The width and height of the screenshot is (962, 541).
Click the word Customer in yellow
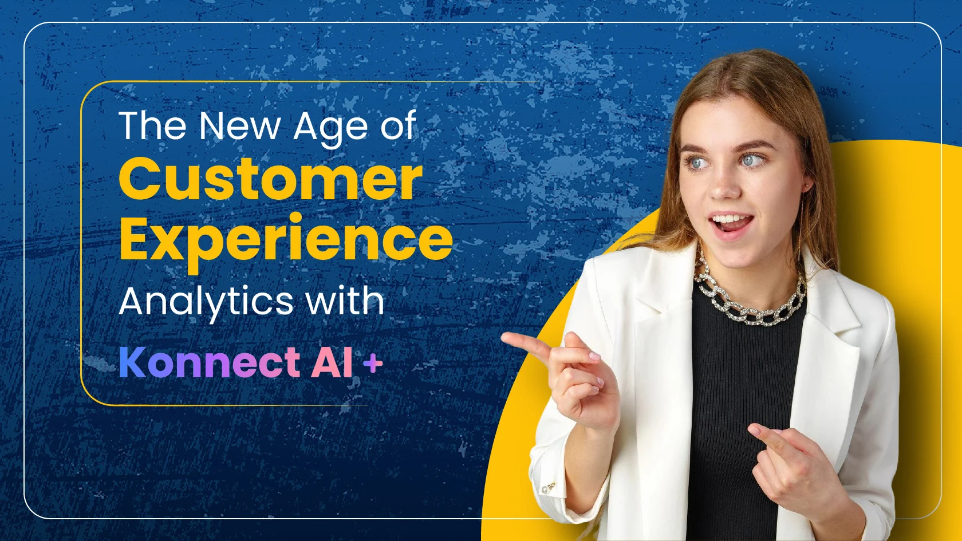pos(270,180)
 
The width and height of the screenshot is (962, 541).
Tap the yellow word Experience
pos(286,243)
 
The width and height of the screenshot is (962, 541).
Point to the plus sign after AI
pos(373,365)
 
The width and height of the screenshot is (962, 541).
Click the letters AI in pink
pos(332,362)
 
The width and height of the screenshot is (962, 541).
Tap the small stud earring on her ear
pos(807,185)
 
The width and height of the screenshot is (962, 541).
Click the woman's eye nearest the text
pos(697,163)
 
